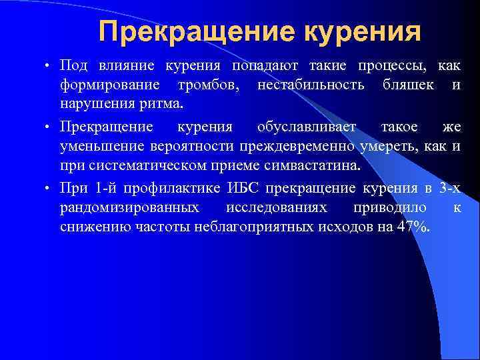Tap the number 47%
pyautogui.click(x=415, y=228)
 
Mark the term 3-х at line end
pyautogui.click(x=451, y=188)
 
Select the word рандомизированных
pyautogui.click(x=130, y=208)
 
